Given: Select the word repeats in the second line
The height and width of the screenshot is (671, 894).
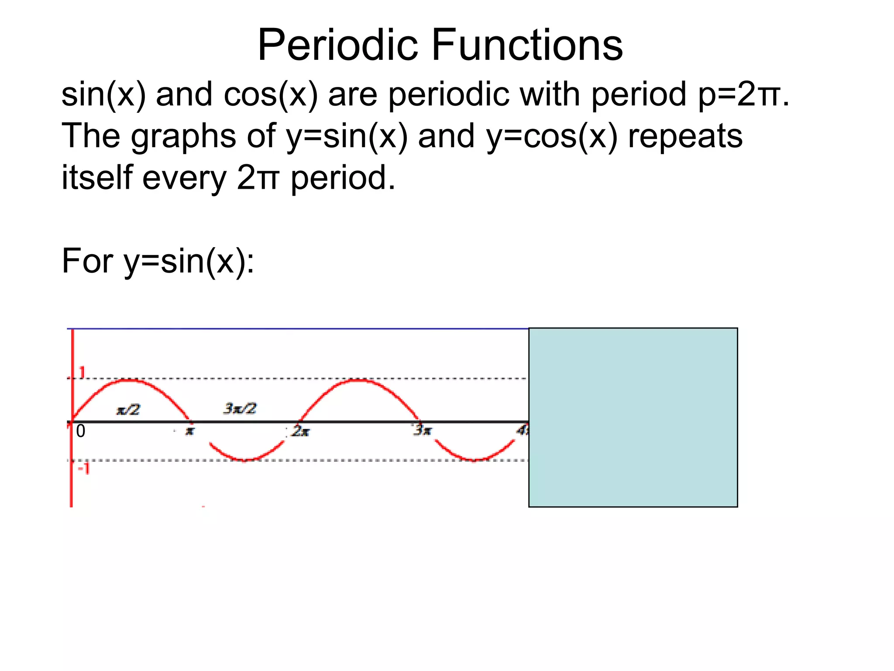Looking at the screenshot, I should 685,137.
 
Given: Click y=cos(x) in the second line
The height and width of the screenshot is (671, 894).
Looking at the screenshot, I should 552,137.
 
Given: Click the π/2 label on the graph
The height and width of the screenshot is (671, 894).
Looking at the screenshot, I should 128,410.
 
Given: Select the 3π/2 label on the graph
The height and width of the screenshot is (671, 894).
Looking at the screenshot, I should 240,408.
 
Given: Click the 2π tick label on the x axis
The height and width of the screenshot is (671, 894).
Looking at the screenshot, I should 301,432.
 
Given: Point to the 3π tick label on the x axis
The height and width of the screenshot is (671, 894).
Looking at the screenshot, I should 423,431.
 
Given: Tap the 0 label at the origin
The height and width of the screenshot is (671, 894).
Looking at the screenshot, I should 81,432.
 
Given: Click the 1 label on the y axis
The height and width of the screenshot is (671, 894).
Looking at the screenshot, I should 82,373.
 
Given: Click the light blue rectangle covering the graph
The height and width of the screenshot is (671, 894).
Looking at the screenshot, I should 633,417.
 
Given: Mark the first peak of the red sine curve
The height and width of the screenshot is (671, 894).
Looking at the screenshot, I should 129,380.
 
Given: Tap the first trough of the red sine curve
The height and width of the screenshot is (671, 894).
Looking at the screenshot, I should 244,460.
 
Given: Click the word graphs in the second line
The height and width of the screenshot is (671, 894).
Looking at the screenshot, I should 183,137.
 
